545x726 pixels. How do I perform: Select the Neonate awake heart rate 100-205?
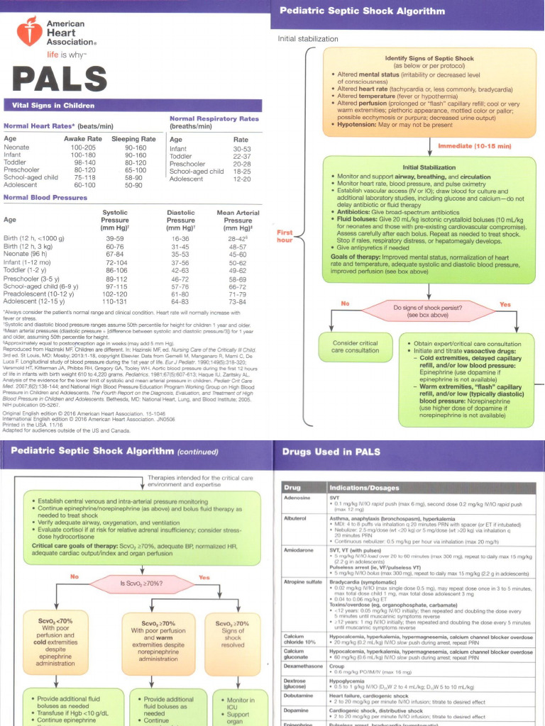point(83,147)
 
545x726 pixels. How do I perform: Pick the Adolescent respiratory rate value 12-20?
point(242,179)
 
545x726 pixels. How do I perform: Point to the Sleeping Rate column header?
point(133,139)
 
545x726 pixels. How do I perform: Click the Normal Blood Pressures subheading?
point(45,197)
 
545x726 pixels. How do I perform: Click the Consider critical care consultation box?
point(356,347)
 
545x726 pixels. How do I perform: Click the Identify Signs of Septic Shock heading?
point(430,57)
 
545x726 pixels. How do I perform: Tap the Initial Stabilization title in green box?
point(430,167)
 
